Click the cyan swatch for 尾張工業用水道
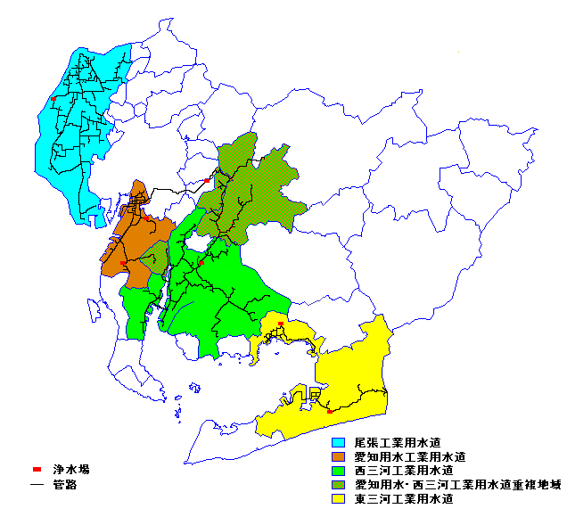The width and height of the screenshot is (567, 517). [x=339, y=442]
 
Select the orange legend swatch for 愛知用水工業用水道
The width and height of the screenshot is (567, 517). [x=339, y=456]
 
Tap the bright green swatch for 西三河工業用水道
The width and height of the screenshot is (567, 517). [x=339, y=471]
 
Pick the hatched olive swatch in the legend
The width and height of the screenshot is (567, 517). [x=339, y=485]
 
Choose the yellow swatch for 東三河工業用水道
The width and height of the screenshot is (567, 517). [x=339, y=499]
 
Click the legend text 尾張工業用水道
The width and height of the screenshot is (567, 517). [x=398, y=442]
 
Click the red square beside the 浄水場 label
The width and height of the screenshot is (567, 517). [x=37, y=469]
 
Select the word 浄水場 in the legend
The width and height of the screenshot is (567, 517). [x=70, y=469]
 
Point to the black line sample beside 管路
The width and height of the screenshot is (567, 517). [x=37, y=486]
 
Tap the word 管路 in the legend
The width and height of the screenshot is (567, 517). [x=65, y=486]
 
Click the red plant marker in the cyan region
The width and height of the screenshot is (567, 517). [x=54, y=99]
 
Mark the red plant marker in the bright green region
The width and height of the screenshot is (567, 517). [x=201, y=263]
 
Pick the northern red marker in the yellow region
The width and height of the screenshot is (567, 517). [x=281, y=324]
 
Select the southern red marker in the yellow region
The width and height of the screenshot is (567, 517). [x=330, y=411]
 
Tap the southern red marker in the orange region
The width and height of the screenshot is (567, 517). [x=123, y=263]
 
